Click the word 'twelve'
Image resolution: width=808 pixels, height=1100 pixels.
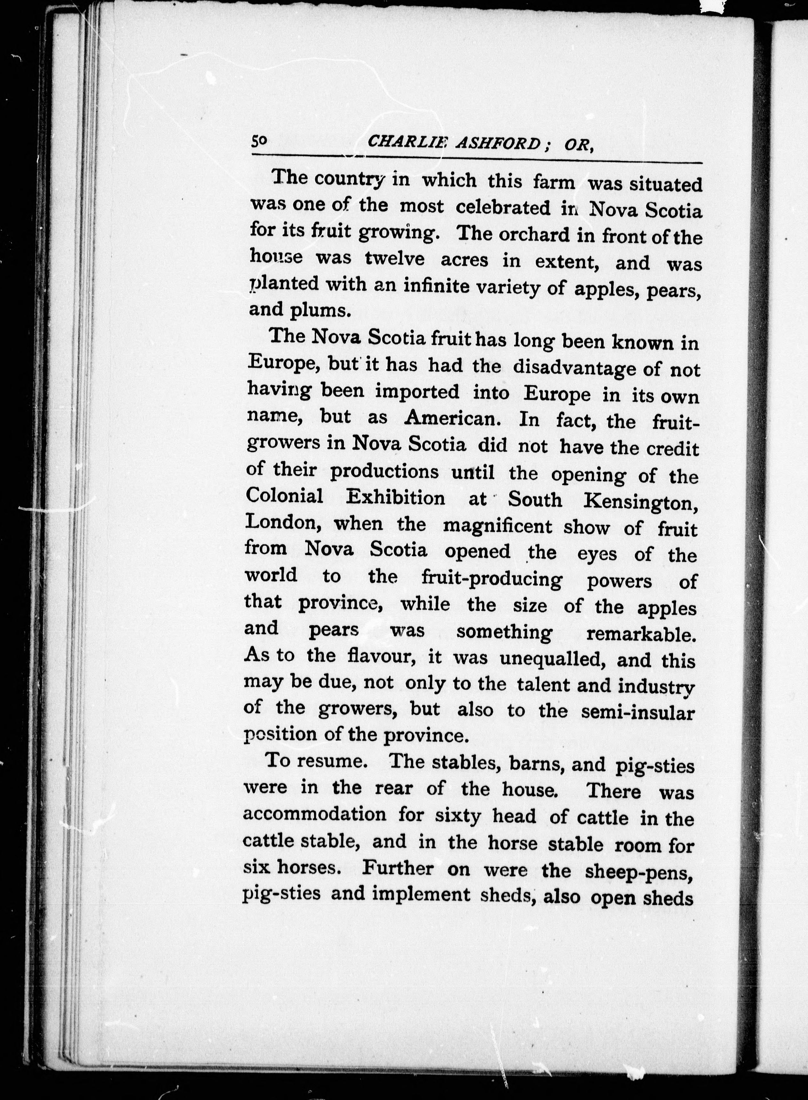tap(395, 259)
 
